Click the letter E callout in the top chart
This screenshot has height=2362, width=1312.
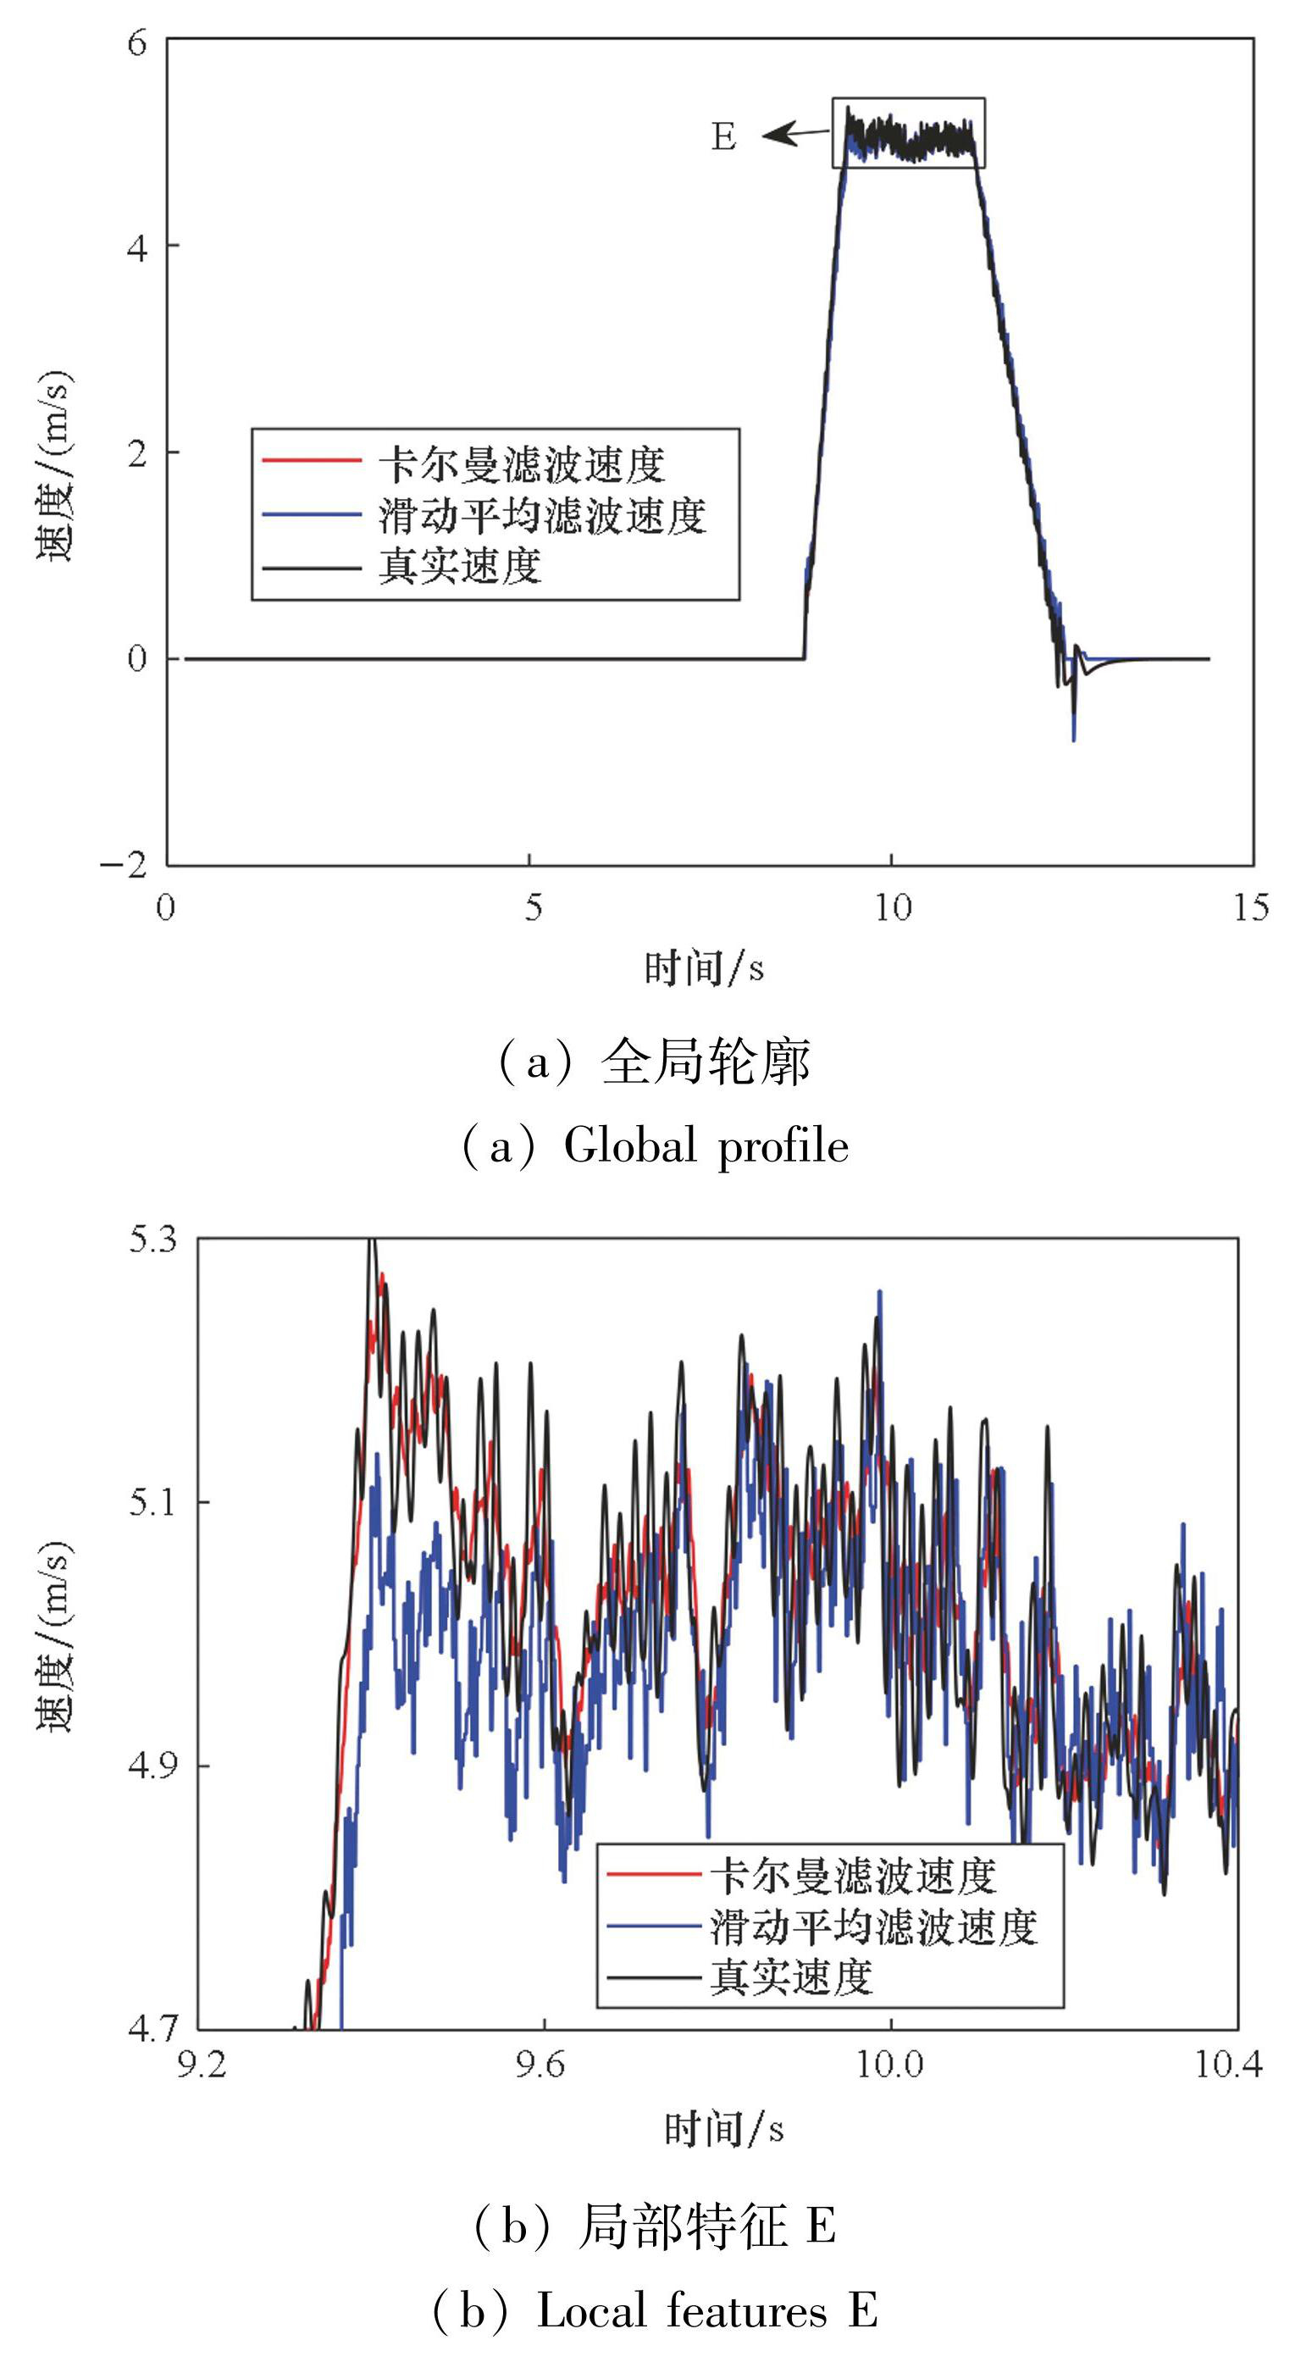coord(723,136)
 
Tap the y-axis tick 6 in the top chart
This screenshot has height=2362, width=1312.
coord(137,42)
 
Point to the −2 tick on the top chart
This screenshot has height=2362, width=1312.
coord(125,864)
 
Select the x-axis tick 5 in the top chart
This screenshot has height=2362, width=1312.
coord(533,907)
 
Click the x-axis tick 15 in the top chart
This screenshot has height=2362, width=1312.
coord(1250,907)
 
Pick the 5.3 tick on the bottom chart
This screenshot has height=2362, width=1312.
coord(152,1239)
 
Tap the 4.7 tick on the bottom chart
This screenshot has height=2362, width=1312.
coord(152,2028)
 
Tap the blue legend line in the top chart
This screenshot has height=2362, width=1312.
coord(312,514)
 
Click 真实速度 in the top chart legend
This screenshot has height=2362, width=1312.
coord(460,567)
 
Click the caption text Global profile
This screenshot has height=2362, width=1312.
coord(706,1146)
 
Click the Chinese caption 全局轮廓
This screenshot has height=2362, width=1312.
coord(705,1063)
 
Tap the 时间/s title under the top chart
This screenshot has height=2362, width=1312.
coord(704,968)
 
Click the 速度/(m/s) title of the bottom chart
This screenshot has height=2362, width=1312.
coord(55,1637)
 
